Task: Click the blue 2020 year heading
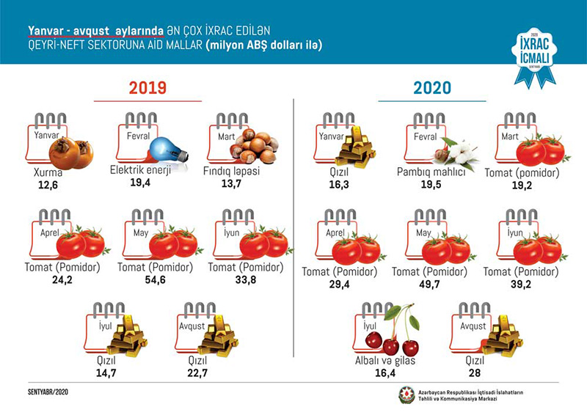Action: [432, 89]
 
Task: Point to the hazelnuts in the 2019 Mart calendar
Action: [253, 146]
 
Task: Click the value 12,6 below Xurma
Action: [50, 185]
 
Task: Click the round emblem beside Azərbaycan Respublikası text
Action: [406, 395]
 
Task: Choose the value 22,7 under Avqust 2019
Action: [199, 373]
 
